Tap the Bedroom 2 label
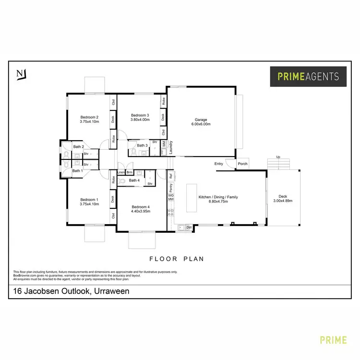click(89, 118)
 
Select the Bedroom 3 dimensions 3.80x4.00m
click(140, 120)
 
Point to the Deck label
click(283, 196)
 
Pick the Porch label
click(243, 164)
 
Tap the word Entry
click(219, 164)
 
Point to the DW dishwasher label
click(189, 227)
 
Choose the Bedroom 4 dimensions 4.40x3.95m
click(141, 212)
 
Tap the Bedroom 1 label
click(89, 200)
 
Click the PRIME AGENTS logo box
click(308, 76)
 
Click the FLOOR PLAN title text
click(177, 259)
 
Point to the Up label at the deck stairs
click(278, 157)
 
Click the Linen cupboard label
click(121, 172)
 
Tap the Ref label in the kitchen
click(170, 176)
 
